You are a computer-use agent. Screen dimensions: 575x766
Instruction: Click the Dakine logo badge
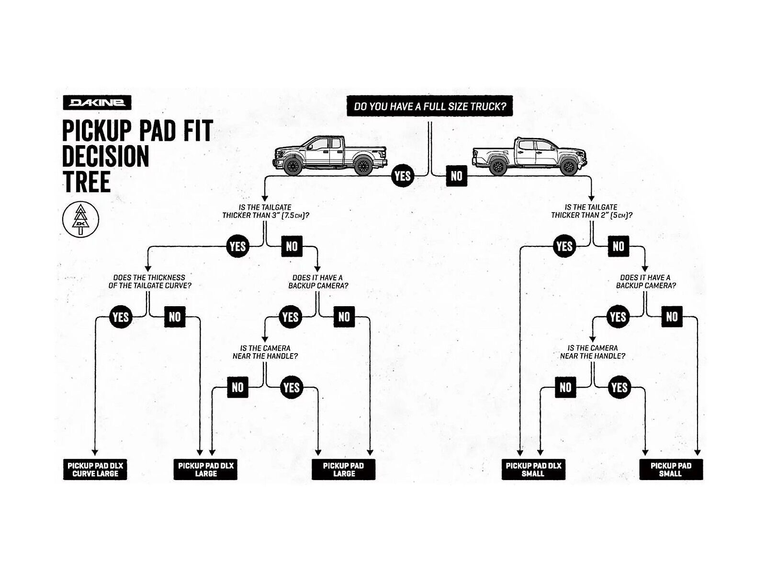(97, 103)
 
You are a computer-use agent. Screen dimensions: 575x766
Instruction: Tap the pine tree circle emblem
(80, 219)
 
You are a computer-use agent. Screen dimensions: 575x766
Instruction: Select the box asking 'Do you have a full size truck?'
(429, 106)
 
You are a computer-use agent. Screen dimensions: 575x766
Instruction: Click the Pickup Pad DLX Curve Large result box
(95, 470)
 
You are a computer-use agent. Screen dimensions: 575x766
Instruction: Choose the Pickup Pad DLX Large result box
(205, 470)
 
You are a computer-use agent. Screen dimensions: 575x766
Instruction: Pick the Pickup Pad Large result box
(343, 470)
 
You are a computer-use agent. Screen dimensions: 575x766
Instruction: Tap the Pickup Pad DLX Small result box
(533, 470)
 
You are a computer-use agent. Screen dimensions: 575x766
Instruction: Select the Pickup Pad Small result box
(671, 470)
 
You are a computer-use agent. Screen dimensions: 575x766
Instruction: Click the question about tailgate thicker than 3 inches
(265, 211)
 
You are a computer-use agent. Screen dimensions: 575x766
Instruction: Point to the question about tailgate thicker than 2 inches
(591, 211)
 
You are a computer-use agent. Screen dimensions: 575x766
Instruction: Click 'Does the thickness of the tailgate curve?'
(149, 281)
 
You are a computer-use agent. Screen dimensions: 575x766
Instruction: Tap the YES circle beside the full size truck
(402, 176)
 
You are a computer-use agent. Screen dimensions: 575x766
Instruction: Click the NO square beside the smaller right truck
(456, 176)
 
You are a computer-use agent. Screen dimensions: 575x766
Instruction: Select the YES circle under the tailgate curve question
(120, 317)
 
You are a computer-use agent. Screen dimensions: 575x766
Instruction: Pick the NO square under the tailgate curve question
(175, 317)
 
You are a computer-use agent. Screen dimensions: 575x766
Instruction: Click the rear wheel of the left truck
(362, 166)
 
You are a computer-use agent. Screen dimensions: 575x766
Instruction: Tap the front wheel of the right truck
(569, 166)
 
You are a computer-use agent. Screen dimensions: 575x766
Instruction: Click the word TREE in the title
(86, 182)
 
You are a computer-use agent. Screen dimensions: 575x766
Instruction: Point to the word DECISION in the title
(105, 157)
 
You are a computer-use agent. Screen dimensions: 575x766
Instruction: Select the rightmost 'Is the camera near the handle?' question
(593, 352)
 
